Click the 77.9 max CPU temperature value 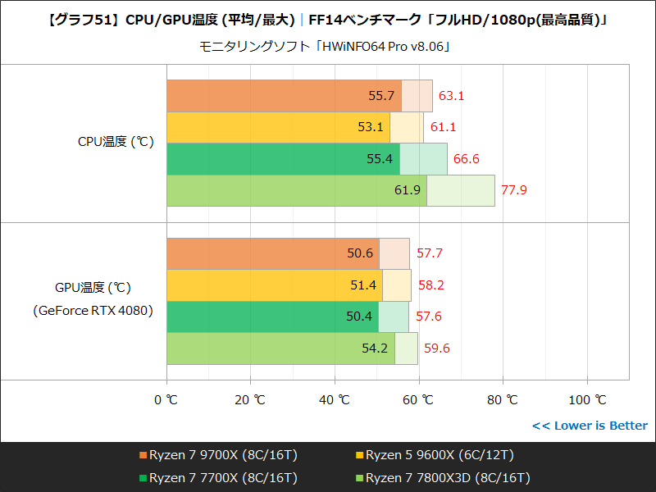[x=513, y=190]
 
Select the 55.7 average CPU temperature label [x=381, y=96]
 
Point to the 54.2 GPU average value [x=375, y=348]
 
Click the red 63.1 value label [x=451, y=96]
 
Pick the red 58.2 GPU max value [x=430, y=285]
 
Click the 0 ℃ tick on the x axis [x=166, y=400]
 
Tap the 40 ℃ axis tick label [x=335, y=400]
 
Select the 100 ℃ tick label [x=588, y=400]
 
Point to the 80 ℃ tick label [x=503, y=400]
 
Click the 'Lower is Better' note [x=589, y=426]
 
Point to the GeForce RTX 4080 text [x=93, y=311]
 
